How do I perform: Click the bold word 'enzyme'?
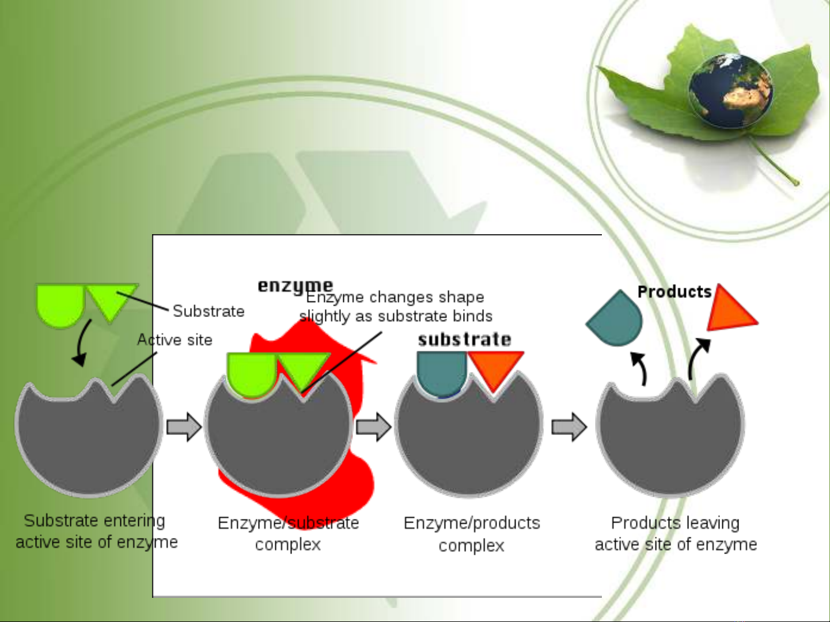point(295,285)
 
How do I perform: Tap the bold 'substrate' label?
point(464,339)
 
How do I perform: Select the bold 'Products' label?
point(674,292)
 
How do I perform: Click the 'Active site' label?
point(175,340)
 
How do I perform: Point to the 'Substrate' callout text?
point(209,311)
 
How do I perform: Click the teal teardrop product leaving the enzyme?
point(616,320)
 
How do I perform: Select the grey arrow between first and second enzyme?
point(184,427)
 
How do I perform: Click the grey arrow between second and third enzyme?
point(374,427)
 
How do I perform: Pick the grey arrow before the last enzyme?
point(569,427)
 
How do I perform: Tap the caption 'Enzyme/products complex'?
point(472,534)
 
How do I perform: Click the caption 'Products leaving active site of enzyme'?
point(676,533)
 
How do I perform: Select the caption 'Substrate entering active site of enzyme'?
point(96,531)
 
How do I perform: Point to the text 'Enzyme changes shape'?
point(395,297)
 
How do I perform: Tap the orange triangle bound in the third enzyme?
point(495,368)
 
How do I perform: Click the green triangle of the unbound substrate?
point(112,299)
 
